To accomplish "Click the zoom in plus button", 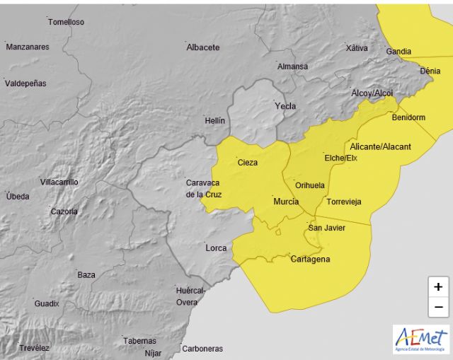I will click(x=438, y=287).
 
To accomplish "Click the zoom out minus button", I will click(x=438, y=307).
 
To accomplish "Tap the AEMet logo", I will click(x=421, y=339).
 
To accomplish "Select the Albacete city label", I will click(x=202, y=47).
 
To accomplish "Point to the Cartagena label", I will click(x=310, y=259).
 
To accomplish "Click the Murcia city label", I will click(x=286, y=202).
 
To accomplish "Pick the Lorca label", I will click(x=216, y=248).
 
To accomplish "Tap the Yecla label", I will click(x=285, y=106).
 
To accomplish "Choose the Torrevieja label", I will click(x=343, y=202).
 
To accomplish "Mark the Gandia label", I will click(x=398, y=52).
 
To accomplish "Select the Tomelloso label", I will click(x=66, y=22).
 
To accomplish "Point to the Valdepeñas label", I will click(x=25, y=83).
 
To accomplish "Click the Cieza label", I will click(x=248, y=162).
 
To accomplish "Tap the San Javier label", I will click(x=326, y=227).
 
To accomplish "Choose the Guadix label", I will click(x=46, y=303).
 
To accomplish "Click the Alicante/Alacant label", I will click(x=380, y=146).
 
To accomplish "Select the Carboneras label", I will click(x=202, y=349).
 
